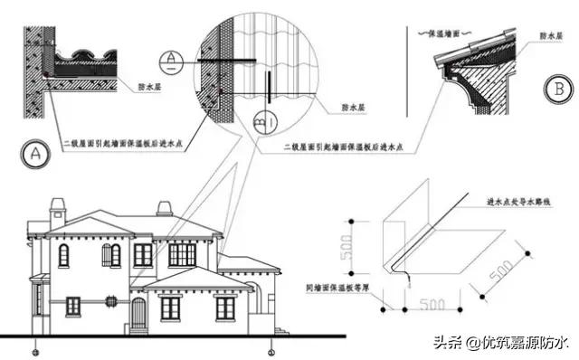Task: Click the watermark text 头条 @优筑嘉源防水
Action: point(499,342)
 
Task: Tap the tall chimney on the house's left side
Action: point(58,210)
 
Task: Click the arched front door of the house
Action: point(138,313)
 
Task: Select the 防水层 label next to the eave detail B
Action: point(549,37)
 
